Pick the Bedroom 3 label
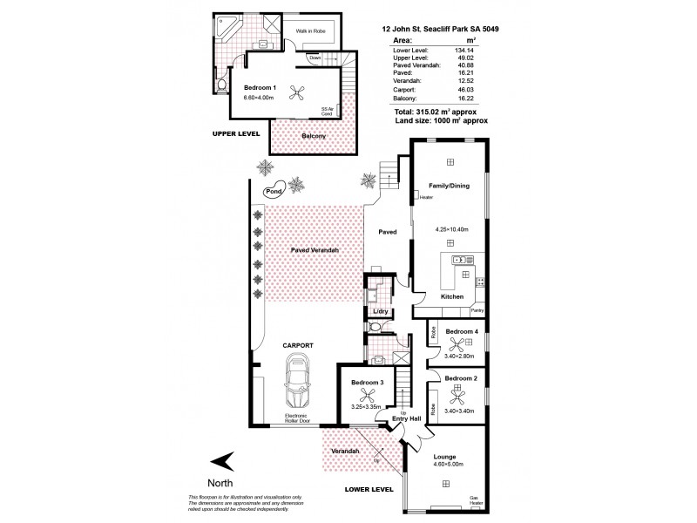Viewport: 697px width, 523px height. (x=368, y=383)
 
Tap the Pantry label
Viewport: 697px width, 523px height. (x=477, y=310)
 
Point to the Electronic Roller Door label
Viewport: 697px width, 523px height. (x=298, y=420)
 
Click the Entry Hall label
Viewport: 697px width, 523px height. (x=408, y=419)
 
